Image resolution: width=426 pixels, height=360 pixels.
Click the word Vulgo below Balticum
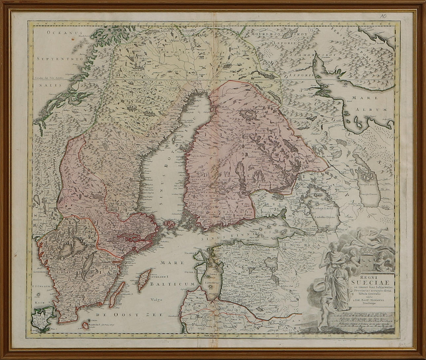click(154, 300)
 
